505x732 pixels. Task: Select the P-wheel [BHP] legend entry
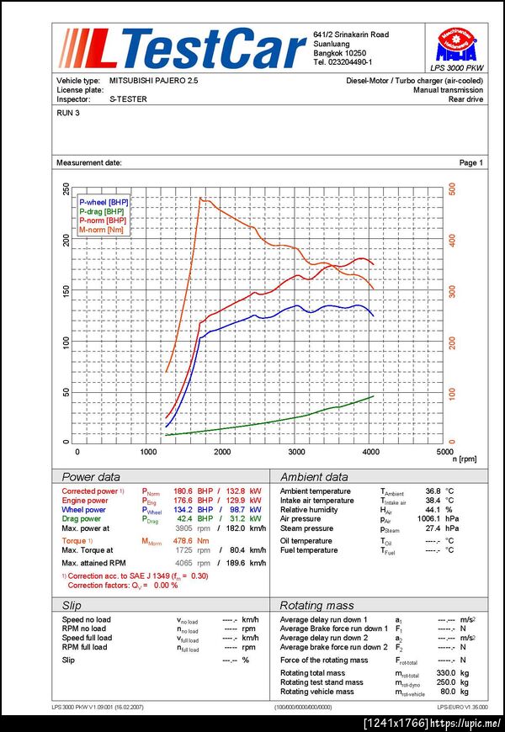104,202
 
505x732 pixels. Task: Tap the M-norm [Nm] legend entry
101,230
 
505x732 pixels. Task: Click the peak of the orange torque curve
200,198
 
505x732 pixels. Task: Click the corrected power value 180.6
183,491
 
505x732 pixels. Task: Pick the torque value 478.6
183,541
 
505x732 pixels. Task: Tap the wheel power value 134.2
183,510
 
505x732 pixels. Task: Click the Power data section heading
91,476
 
